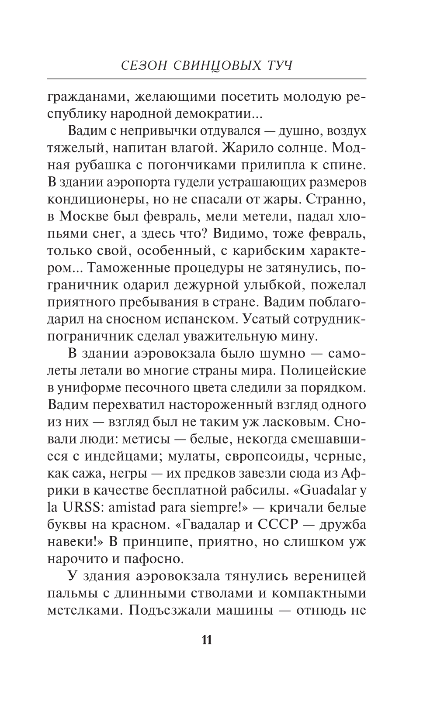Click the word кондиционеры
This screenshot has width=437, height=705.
[101, 199]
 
